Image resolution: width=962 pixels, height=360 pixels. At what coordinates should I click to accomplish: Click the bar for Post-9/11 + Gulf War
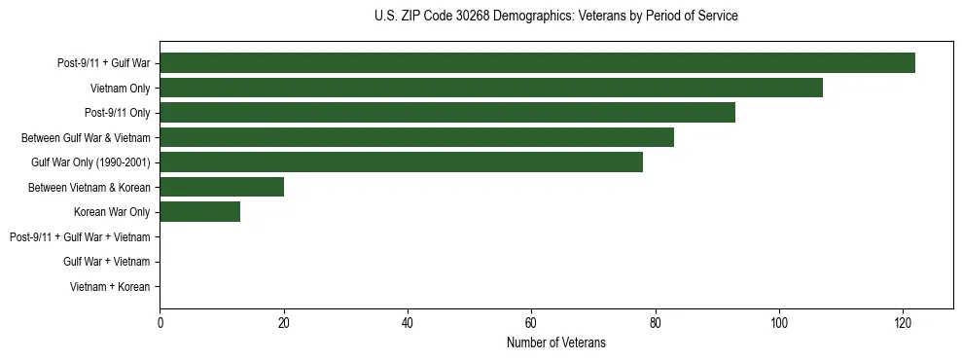tap(537, 63)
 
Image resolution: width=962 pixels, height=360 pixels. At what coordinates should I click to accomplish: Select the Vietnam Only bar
tap(491, 88)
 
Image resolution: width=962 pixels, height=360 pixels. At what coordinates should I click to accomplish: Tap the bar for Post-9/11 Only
tap(447, 113)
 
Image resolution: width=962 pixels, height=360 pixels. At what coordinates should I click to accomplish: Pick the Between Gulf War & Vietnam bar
tap(416, 137)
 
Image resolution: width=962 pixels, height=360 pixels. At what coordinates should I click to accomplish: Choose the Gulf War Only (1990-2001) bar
tap(401, 162)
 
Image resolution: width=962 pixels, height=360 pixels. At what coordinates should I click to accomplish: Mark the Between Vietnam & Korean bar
tap(222, 187)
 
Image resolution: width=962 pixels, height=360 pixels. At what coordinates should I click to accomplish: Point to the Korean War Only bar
tap(199, 212)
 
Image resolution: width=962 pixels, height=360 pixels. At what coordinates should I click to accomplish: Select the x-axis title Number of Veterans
tap(555, 342)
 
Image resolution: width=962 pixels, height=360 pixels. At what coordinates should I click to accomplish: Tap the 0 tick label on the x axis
tap(160, 323)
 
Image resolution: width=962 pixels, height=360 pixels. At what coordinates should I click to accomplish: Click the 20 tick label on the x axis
tap(284, 323)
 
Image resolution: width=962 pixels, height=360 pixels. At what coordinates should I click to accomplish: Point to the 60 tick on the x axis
tap(531, 323)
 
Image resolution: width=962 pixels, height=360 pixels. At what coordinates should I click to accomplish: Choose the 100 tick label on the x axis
tap(779, 323)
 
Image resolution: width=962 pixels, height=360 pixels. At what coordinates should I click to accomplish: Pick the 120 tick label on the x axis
tap(903, 323)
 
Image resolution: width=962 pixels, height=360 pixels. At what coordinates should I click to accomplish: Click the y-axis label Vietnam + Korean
tap(110, 287)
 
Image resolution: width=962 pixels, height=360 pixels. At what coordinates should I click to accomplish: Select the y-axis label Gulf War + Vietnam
tap(106, 262)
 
